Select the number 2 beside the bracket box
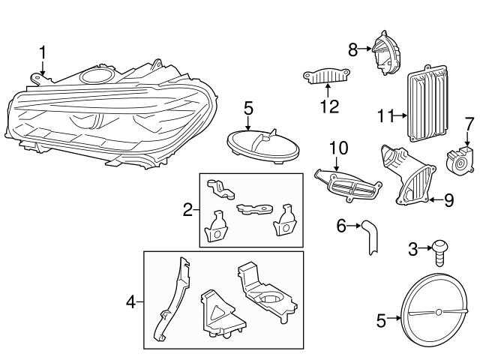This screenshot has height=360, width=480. coord(188,211)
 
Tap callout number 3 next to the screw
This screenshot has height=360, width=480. coord(412,248)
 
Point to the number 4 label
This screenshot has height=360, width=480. coord(130,303)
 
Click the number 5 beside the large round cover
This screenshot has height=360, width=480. coord(381,321)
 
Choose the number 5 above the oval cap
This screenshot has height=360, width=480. coord(249,109)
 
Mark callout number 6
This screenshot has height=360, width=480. coord(341,225)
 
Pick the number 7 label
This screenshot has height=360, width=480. coord(469,122)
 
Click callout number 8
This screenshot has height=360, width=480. coord(353,49)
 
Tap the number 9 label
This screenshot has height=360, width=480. coord(448,200)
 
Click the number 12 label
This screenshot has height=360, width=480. coord(329,106)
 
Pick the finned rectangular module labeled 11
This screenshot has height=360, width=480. coord(424,103)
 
